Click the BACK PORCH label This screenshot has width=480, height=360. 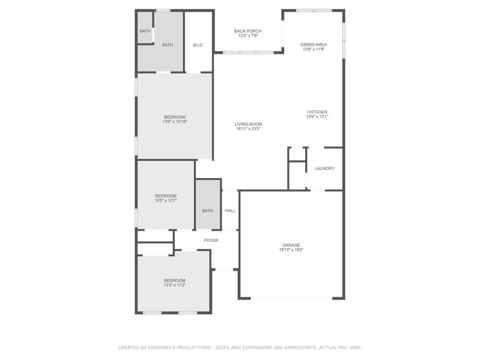point(248,31)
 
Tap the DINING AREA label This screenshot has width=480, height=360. point(313,45)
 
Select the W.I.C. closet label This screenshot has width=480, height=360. point(198,45)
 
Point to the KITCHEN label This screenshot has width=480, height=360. point(318,112)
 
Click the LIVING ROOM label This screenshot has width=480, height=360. point(248,124)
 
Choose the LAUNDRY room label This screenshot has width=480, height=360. point(324,168)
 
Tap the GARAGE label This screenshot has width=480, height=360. point(291,245)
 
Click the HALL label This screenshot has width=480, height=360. point(230,211)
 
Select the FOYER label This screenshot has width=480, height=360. point(211,240)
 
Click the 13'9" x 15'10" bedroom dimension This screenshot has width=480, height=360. point(175,122)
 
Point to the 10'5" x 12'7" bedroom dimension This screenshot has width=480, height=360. point(166,201)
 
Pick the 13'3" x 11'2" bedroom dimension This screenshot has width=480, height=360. point(175,285)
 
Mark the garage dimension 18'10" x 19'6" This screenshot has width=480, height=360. point(291,250)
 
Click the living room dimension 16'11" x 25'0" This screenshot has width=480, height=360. point(248,129)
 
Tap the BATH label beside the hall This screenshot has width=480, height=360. point(207,211)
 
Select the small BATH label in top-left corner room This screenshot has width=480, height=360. point(145,31)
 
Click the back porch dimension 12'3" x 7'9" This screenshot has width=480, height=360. point(248,36)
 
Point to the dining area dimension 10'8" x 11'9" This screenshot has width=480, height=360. point(313,49)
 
